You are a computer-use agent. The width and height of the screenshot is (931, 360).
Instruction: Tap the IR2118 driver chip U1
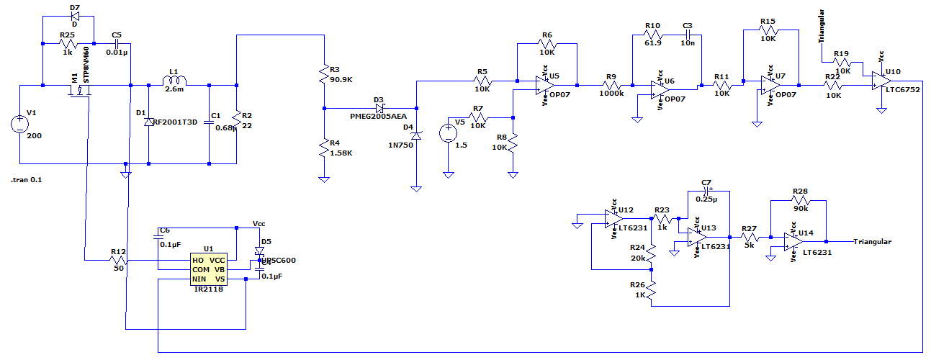tap(209, 269)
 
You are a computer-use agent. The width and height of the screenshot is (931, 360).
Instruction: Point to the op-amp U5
tap(544, 86)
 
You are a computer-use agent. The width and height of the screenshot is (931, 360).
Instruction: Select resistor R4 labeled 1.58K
tap(325, 148)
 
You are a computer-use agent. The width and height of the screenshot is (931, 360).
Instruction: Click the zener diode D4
tap(416, 135)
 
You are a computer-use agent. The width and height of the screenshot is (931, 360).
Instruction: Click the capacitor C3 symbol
tap(688, 34)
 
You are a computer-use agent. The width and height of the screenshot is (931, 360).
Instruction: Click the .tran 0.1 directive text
tap(27, 180)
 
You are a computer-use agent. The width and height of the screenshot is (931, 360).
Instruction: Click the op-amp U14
tap(795, 242)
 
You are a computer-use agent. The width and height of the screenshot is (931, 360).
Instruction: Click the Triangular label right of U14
tap(872, 242)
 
